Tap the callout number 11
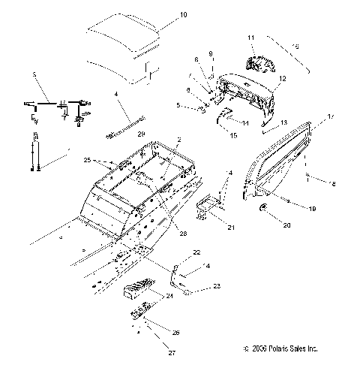(251, 37)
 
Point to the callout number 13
(283, 122)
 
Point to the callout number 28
(183, 234)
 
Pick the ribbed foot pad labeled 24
(147, 290)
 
